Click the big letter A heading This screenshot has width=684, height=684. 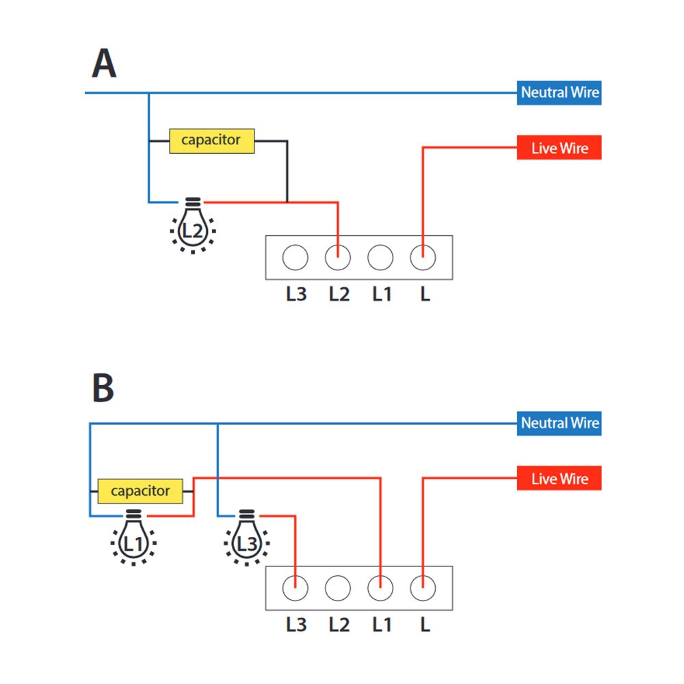104,63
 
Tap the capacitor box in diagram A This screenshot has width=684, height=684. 211,140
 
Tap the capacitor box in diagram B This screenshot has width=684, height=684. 140,491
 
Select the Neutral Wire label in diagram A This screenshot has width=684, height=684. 560,92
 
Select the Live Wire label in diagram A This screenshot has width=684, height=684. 560,148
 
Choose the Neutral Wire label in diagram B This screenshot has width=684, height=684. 560,423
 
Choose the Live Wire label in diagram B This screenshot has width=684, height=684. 560,478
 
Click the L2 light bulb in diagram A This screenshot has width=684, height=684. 193,226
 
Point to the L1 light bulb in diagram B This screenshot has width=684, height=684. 133,538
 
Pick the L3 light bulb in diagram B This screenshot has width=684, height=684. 247,538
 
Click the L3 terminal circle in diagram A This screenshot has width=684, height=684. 295,257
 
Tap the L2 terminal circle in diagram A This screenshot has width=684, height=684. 338,257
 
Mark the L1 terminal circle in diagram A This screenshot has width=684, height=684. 380,257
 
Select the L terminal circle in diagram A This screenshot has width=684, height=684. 423,257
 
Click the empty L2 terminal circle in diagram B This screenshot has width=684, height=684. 338,588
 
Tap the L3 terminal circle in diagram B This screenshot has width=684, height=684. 295,588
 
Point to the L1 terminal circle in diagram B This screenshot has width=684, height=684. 380,588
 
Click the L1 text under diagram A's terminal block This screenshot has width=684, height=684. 382,294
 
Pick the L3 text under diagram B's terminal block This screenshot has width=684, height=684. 296,624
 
